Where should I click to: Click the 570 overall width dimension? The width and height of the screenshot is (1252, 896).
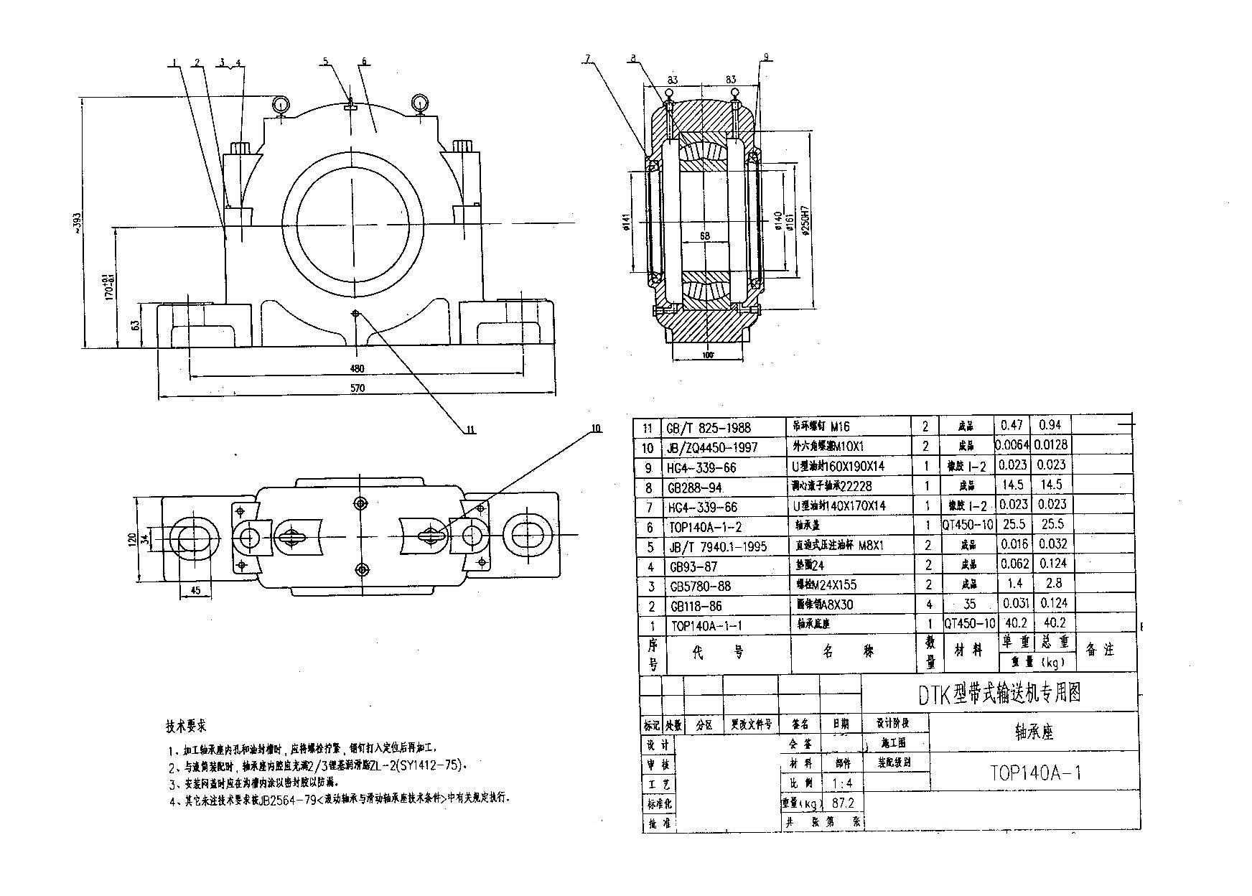click(358, 388)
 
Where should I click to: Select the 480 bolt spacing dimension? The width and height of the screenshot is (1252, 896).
click(357, 368)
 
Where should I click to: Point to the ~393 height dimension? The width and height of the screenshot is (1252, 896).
click(79, 222)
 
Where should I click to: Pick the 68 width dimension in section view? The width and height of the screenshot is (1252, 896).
click(705, 235)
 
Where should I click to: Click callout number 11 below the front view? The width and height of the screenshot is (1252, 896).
click(470, 430)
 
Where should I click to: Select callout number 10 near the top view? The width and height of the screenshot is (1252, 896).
click(594, 429)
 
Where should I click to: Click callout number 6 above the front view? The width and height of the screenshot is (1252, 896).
click(364, 62)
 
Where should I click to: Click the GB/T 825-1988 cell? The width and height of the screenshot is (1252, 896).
click(709, 428)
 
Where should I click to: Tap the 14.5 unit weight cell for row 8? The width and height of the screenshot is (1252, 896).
click(1013, 485)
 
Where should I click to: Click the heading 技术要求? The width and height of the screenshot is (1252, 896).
click(187, 726)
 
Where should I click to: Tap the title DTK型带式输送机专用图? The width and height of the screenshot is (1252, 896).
click(1001, 693)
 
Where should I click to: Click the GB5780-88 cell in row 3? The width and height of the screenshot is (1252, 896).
click(700, 586)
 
